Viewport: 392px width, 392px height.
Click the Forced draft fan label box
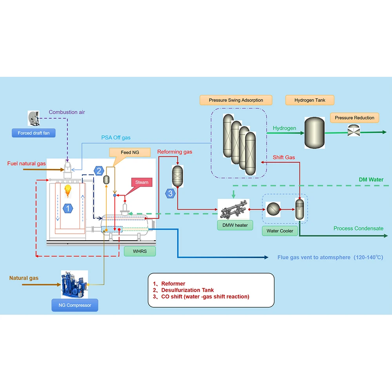[x=33, y=133]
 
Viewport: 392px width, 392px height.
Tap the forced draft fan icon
[x=33, y=118]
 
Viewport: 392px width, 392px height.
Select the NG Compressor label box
[x=75, y=305]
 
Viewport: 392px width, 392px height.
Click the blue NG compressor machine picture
[x=74, y=285]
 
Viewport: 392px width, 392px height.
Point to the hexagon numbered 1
[x=68, y=208]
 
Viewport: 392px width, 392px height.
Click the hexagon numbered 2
[x=99, y=171]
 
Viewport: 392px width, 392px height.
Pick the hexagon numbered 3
[x=170, y=194]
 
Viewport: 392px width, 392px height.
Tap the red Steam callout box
[x=142, y=183]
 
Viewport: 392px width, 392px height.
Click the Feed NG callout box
[x=130, y=152]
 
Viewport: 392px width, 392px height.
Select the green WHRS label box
[x=140, y=251]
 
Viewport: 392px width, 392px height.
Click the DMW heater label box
[x=235, y=225]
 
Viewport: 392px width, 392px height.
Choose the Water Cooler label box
[x=280, y=231]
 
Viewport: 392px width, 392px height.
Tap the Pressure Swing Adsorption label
[x=236, y=100]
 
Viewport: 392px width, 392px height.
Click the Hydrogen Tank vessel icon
[x=314, y=133]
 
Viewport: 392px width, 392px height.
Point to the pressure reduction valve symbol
[x=354, y=131]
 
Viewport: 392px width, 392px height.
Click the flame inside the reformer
[x=68, y=191]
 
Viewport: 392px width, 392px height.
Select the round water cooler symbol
[x=273, y=209]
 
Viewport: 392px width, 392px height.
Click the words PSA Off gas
[x=116, y=138]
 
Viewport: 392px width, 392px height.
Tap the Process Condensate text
[x=358, y=228]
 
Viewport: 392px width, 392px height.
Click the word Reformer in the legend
[x=173, y=284]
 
